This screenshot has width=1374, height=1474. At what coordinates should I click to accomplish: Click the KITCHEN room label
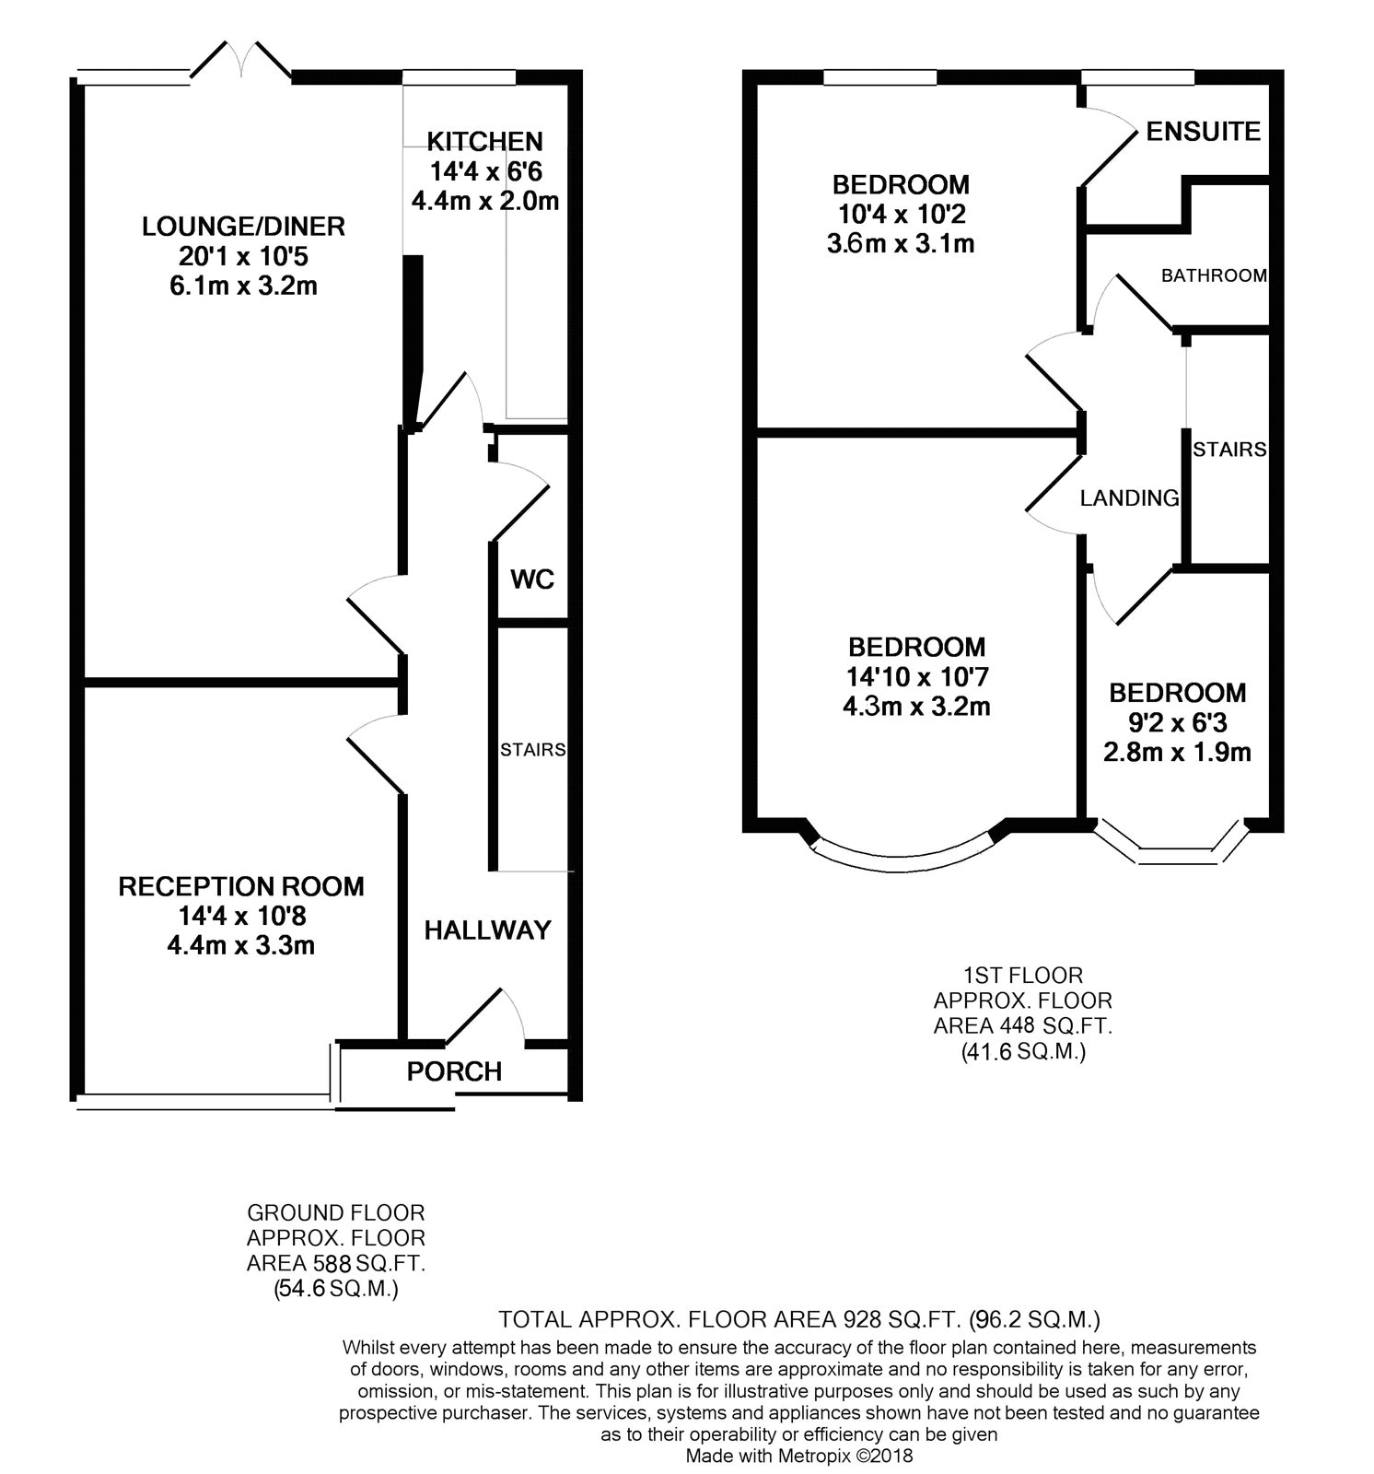[x=484, y=141]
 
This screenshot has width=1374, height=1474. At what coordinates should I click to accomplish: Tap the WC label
[x=532, y=579]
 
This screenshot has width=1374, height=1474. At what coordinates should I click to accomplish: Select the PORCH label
[x=454, y=1071]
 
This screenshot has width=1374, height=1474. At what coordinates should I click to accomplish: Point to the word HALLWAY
[x=487, y=930]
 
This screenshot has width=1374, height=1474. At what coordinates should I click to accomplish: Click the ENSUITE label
[x=1203, y=132]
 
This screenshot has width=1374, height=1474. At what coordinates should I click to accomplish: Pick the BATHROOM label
[x=1214, y=275]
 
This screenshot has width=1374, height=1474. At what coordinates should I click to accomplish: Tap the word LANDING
[x=1129, y=498]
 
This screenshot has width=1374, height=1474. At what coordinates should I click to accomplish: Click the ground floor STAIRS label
[x=532, y=750]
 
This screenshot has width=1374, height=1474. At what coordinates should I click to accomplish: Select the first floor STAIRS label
[x=1229, y=450]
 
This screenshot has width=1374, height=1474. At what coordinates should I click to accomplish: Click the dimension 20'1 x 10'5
[x=243, y=256]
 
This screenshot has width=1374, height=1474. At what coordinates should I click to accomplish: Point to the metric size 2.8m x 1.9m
[x=1177, y=753]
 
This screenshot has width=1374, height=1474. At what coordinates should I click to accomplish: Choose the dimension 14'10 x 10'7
[x=916, y=677]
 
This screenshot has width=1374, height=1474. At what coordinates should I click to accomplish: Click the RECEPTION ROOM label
[x=241, y=886]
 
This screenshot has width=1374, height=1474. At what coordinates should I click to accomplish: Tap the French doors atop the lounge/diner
[x=242, y=61]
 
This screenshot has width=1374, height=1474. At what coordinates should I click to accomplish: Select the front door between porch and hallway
[x=486, y=1018]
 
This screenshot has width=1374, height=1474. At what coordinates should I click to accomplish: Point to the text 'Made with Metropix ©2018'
[x=799, y=1456]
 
